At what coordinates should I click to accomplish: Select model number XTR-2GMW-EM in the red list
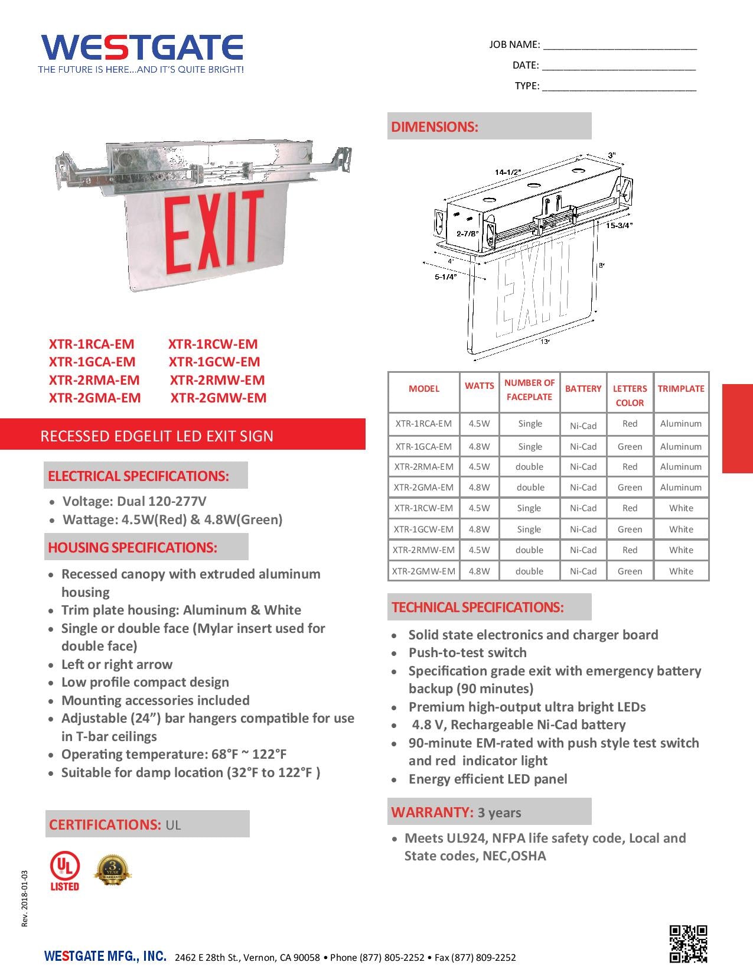point(218,398)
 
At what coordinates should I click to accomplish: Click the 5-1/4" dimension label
point(446,277)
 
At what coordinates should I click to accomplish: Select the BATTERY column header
point(583,389)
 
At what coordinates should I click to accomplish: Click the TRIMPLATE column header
point(681,389)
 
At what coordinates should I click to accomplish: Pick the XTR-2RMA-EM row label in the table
point(423,467)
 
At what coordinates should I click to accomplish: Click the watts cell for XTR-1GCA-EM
point(479,447)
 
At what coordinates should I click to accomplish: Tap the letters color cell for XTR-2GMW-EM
point(630,571)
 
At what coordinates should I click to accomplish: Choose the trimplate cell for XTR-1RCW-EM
point(681,508)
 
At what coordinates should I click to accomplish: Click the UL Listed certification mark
point(64,872)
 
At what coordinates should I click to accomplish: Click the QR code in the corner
point(688,943)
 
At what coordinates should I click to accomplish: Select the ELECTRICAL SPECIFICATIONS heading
point(138,476)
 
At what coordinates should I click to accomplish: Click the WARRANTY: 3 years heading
point(456,812)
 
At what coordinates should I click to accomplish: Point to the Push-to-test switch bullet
point(467,653)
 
